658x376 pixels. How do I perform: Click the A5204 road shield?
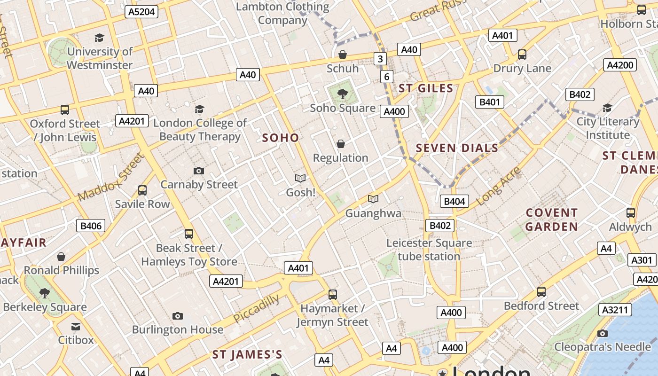click(x=141, y=12)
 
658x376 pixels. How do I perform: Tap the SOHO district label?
click(x=281, y=138)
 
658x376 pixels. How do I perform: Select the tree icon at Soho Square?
click(x=343, y=94)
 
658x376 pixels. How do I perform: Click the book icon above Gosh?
click(x=300, y=178)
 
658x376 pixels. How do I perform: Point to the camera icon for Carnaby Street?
click(x=199, y=171)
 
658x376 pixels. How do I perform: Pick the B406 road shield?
click(x=91, y=226)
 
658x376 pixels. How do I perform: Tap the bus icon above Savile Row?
click(x=142, y=190)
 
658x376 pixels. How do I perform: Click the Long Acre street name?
click(x=499, y=186)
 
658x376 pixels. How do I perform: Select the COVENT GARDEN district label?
click(x=552, y=219)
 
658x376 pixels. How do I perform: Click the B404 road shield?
click(x=454, y=202)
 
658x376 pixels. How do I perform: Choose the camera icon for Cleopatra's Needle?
click(x=603, y=333)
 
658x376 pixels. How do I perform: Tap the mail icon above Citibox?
click(x=76, y=326)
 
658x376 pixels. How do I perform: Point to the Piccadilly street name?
click(x=257, y=308)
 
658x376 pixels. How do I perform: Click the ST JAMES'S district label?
click(x=247, y=354)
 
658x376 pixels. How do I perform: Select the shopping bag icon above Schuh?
click(x=343, y=55)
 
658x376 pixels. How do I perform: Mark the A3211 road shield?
click(x=615, y=310)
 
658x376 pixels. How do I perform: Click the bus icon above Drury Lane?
click(x=522, y=55)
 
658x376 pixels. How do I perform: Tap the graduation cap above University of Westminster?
click(x=99, y=38)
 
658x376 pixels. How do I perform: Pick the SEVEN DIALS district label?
click(x=457, y=148)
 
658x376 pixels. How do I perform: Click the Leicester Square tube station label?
click(x=429, y=250)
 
